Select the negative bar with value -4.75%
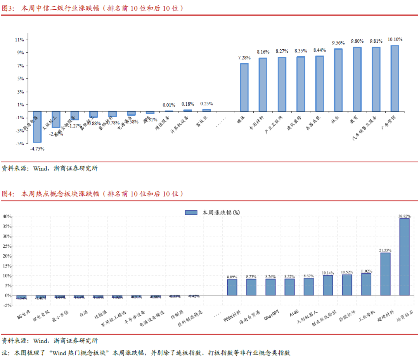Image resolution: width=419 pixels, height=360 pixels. click(37, 127)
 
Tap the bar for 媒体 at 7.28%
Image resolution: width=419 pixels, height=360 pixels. click(244, 87)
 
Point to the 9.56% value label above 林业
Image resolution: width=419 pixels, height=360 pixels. click(338, 43)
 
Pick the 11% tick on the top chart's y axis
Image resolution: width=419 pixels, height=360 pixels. click(19, 40)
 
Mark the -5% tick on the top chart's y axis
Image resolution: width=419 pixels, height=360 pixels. click(19, 144)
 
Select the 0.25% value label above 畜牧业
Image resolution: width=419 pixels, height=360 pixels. click(206, 104)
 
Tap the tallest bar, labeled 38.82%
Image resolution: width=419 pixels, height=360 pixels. click(404, 257)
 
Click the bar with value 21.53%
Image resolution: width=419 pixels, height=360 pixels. click(385, 274)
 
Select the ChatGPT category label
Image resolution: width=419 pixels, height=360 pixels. click(272, 315)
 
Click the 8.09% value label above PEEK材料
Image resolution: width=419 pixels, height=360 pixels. click(232, 277)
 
